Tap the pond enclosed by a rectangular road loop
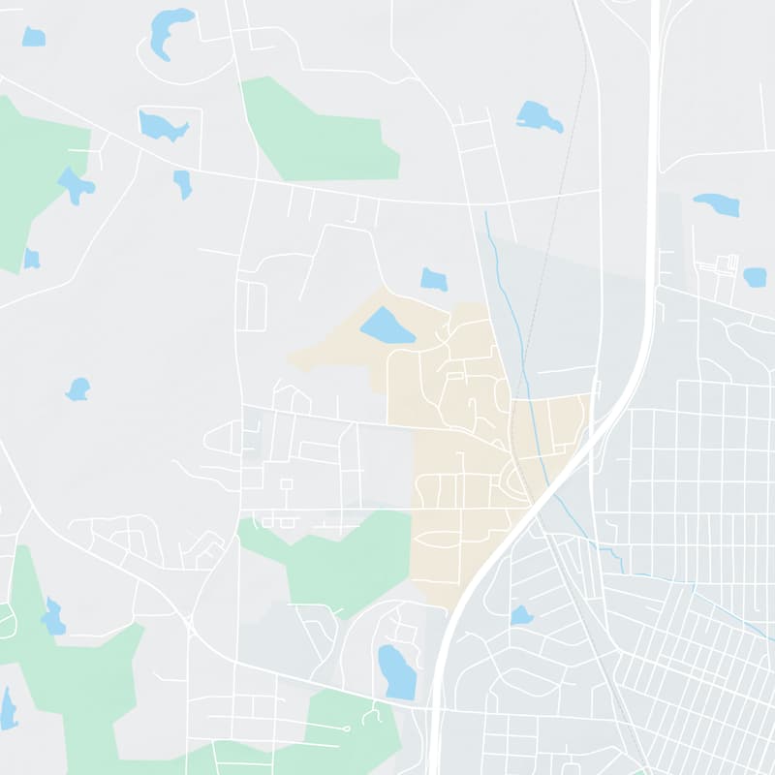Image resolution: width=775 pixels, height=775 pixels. [160, 126]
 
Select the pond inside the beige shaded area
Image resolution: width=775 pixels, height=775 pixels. [387, 325]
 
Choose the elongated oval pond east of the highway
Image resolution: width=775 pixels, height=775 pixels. [717, 204]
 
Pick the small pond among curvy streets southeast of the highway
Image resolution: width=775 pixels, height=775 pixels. [521, 615]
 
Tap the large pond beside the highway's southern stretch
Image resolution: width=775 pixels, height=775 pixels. [396, 670]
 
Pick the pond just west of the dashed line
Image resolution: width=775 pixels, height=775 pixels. [539, 116]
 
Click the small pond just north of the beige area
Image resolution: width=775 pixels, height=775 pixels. [434, 279]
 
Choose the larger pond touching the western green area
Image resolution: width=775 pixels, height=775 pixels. [75, 183]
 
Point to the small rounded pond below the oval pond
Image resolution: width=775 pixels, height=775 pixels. [755, 277]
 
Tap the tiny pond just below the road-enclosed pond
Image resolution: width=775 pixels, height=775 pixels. [182, 183]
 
